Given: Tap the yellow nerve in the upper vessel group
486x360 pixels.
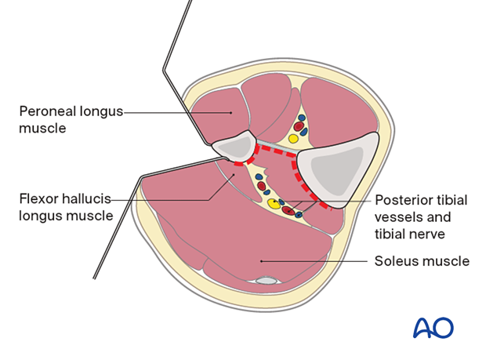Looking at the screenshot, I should [293, 138].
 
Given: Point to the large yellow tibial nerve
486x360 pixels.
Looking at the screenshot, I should [274, 205].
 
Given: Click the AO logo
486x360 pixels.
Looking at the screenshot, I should [433, 327].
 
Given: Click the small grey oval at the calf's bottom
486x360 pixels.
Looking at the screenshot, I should [268, 280].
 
